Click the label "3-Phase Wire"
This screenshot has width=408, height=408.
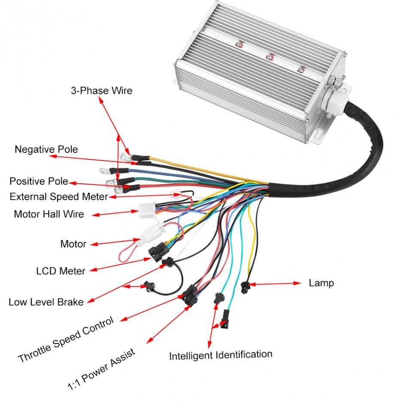(x=101, y=91)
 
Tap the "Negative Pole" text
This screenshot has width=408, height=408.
(x=46, y=149)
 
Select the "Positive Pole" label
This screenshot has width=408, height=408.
(x=39, y=181)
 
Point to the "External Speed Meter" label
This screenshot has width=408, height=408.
(x=58, y=197)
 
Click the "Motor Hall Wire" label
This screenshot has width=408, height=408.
(x=49, y=214)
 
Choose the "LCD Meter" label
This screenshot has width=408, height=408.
(x=61, y=271)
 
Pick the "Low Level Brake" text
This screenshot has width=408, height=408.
(x=46, y=302)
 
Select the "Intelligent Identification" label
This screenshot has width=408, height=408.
(x=220, y=355)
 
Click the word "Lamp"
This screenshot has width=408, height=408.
(x=321, y=283)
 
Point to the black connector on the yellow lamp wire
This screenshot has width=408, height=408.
(x=246, y=285)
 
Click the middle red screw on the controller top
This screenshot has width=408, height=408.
(x=270, y=56)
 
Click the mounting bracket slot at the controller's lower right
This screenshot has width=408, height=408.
(x=319, y=135)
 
